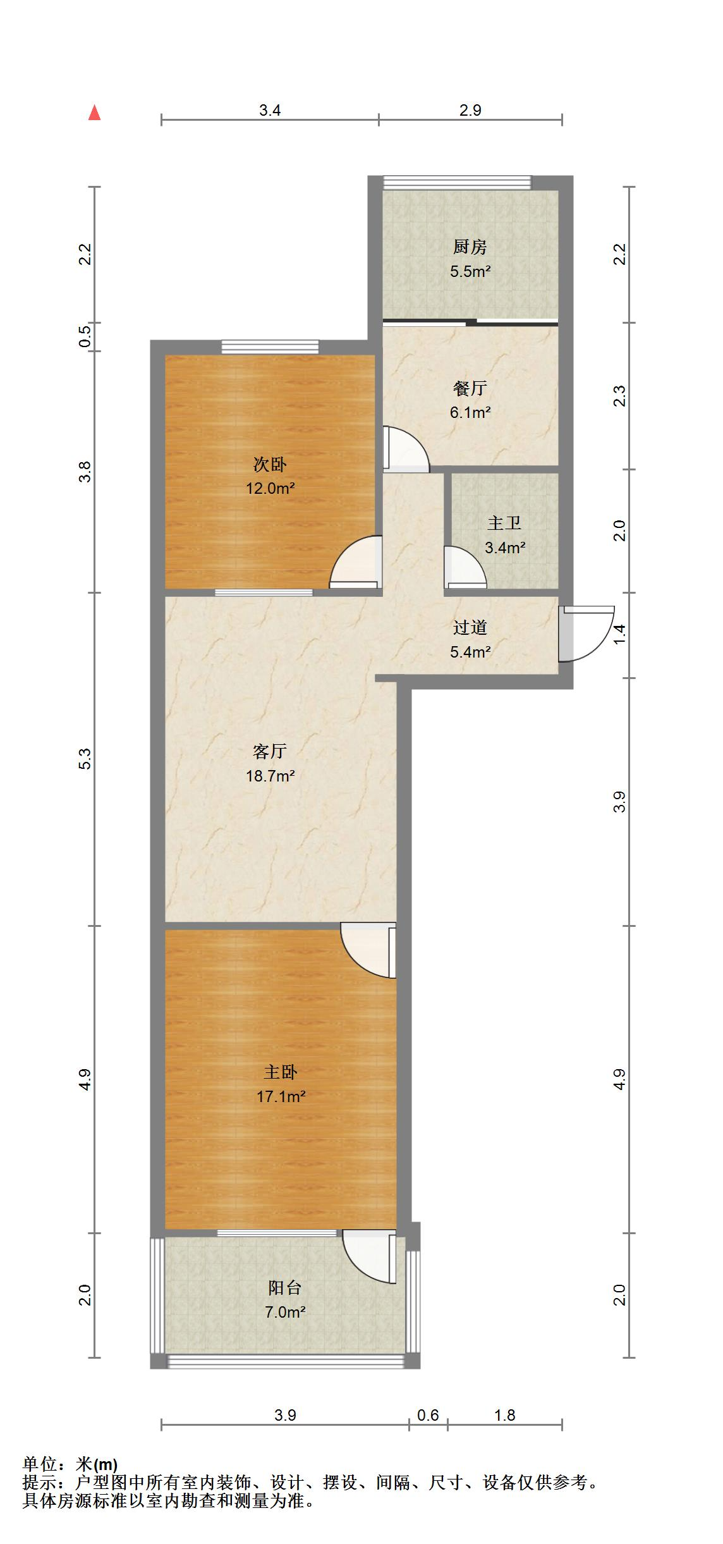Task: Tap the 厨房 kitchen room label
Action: click(x=470, y=247)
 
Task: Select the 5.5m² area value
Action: click(x=470, y=272)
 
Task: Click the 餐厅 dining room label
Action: click(x=470, y=388)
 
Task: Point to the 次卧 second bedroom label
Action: click(x=270, y=465)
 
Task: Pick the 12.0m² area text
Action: click(x=270, y=488)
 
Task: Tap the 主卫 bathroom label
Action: click(x=504, y=524)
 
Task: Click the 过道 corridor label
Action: click(x=470, y=628)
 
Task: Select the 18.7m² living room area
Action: click(x=270, y=776)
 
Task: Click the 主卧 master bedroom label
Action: click(x=281, y=1072)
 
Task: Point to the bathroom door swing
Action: click(x=465, y=567)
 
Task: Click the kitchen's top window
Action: click(x=457, y=182)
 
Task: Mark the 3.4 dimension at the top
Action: click(x=270, y=110)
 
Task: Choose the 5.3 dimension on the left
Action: click(x=85, y=759)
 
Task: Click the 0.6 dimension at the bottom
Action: click(x=428, y=1415)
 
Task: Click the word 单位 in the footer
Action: click(x=39, y=1464)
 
